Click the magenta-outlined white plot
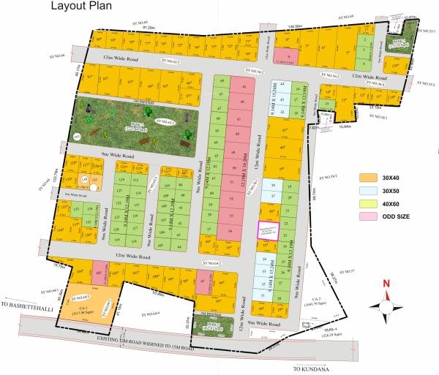[x=269, y=230]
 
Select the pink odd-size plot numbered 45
[x=241, y=84]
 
